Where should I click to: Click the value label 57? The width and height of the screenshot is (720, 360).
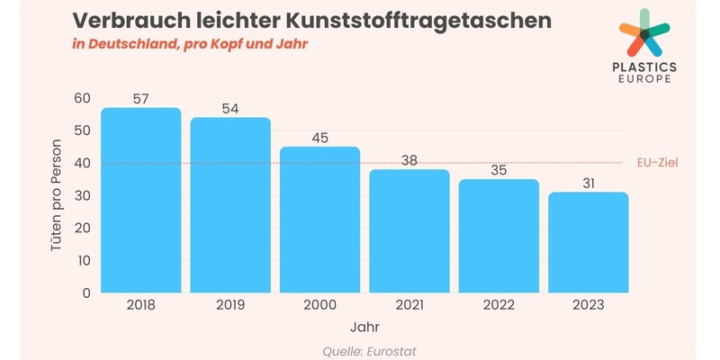tap(141, 97)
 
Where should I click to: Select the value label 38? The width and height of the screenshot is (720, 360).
tap(409, 159)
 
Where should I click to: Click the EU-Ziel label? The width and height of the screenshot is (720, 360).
tap(657, 163)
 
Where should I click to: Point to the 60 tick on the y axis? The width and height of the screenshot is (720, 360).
tap(83, 98)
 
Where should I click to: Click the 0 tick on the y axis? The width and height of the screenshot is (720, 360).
tap(86, 292)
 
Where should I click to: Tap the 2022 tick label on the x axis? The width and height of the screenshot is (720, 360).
tap(499, 306)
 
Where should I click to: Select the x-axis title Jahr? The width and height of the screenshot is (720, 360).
tap(364, 328)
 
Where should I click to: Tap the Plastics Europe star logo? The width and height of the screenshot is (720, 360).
tap(643, 33)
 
